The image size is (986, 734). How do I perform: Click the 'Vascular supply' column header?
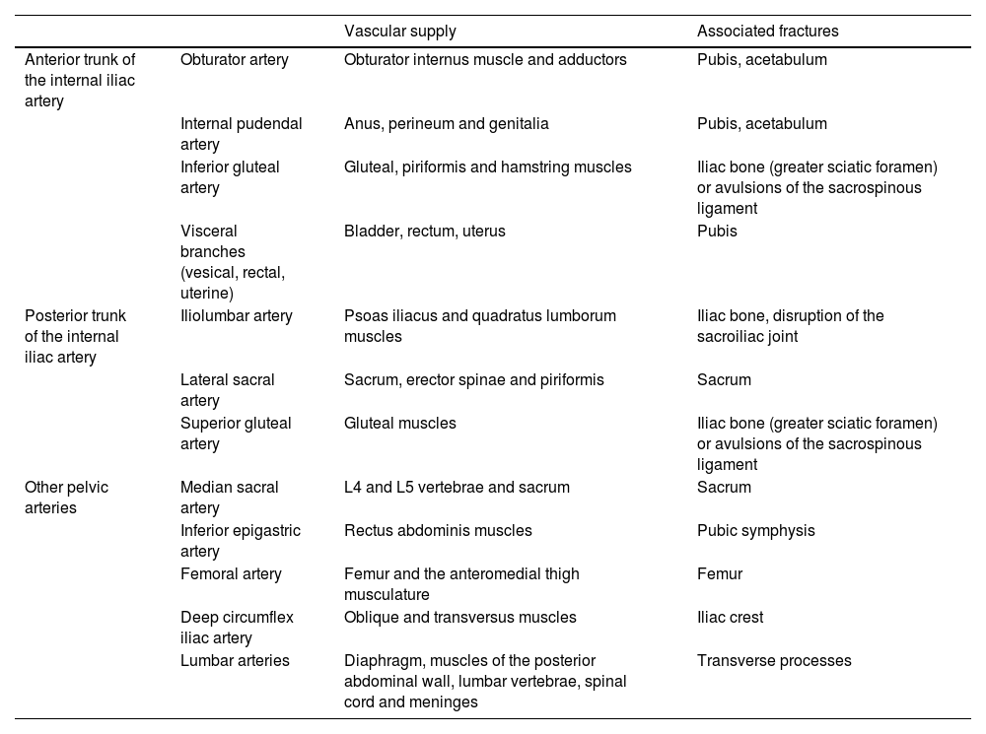(399, 32)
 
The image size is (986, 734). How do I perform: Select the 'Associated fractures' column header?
(767, 32)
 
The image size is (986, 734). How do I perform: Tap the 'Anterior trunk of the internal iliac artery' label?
(79, 81)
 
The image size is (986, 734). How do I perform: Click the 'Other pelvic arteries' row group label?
(67, 498)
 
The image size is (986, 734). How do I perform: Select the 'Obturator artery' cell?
(235, 60)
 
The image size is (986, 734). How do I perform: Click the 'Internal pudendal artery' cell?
(241, 134)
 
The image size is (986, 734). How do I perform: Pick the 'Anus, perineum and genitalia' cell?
(446, 124)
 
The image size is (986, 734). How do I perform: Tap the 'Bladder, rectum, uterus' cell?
(424, 232)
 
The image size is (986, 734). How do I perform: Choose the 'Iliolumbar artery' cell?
(237, 316)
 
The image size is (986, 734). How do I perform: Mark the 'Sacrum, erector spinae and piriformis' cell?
(473, 380)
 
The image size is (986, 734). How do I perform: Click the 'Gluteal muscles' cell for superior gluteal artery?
(399, 424)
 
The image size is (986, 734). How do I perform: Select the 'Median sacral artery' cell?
(229, 498)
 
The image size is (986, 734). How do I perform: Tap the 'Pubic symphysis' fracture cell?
(755, 531)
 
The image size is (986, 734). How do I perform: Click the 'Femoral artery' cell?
(231, 574)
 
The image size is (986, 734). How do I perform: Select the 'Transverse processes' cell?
(773, 661)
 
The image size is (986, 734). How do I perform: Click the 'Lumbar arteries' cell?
(235, 661)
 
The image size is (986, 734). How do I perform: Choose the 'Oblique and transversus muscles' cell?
(459, 618)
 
